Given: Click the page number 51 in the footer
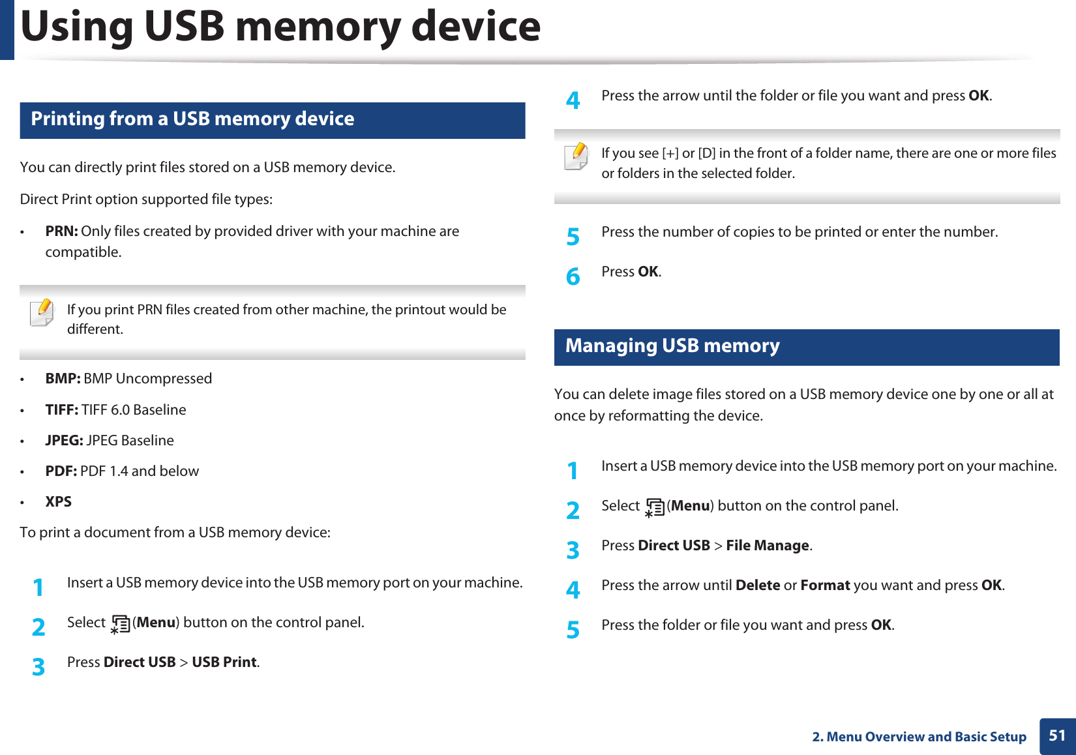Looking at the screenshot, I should [1057, 736].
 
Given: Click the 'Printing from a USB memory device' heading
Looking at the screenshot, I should [192, 119].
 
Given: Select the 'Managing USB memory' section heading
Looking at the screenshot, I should [672, 346].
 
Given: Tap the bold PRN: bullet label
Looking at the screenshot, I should [61, 231].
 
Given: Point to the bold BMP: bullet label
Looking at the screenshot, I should [63, 379].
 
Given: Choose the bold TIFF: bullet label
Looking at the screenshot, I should [61, 410].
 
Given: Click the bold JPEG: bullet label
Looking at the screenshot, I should [64, 441].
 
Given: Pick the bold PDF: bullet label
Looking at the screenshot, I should [61, 471].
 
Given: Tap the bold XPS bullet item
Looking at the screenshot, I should [58, 502].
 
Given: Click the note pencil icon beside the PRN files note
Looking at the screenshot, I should [42, 312].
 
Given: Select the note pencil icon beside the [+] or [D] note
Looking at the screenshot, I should [576, 156].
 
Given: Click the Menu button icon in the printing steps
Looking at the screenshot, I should [120, 625].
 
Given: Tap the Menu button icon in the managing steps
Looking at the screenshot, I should [654, 507].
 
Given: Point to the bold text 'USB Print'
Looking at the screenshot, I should [224, 662].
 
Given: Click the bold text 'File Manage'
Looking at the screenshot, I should [767, 546].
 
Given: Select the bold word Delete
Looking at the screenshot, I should [757, 585].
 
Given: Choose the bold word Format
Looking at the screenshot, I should [825, 585].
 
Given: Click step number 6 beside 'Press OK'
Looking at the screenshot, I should [573, 276].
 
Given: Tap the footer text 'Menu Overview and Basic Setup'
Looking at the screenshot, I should [926, 737].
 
